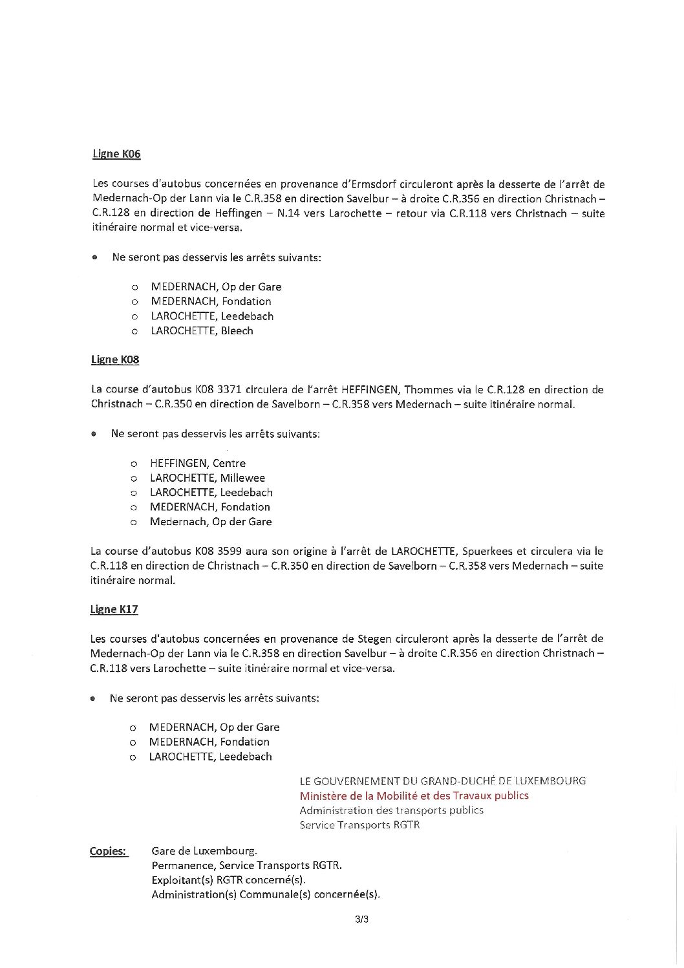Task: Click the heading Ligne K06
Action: point(116,154)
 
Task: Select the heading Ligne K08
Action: point(115,360)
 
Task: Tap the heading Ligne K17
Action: point(114,609)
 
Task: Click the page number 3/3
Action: point(361,919)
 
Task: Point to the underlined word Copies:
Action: point(108,851)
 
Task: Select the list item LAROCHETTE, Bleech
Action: point(202,331)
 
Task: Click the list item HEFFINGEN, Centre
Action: point(198,463)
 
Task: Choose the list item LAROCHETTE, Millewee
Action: point(208,478)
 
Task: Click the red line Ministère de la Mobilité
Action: point(414,795)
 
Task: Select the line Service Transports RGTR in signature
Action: point(359,825)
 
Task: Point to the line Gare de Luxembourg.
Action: point(204,851)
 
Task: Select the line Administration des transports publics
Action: point(391,810)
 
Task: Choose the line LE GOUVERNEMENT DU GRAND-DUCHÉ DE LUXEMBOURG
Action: point(443,780)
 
